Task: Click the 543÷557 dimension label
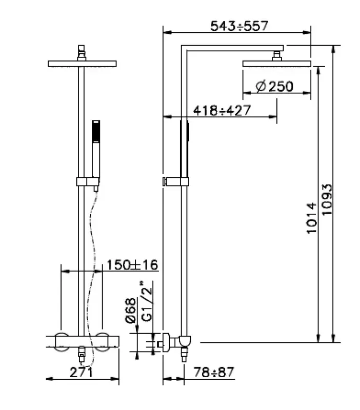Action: tap(239, 26)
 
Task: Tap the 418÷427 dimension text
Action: tap(221, 110)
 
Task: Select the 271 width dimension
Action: tap(82, 372)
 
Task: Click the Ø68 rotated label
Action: tap(130, 311)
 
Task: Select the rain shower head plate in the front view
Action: tap(82, 64)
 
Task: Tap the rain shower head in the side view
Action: tap(277, 64)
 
